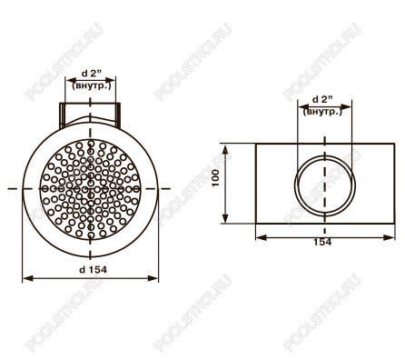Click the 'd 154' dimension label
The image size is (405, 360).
[x=93, y=269]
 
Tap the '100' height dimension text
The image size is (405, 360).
[x=215, y=178]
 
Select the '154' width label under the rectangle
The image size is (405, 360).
[x=322, y=242]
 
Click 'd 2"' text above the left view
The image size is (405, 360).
[x=91, y=73]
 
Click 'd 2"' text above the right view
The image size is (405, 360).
[x=322, y=99]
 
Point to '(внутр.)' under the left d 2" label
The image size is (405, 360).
[x=92, y=85]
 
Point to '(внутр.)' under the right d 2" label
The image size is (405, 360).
[x=322, y=112]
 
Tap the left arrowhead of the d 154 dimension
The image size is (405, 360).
[x=28, y=278]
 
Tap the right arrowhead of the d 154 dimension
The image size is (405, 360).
[x=153, y=278]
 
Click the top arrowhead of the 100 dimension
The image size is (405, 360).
[x=225, y=150]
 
